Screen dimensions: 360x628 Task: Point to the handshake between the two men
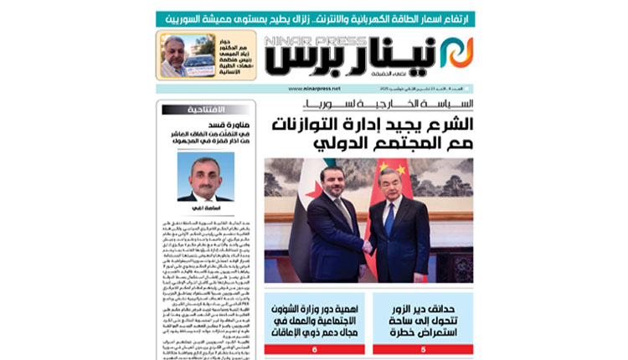[x=368, y=249]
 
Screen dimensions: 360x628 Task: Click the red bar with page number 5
[x=422, y=348]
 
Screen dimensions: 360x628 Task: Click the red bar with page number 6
[x=315, y=348]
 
